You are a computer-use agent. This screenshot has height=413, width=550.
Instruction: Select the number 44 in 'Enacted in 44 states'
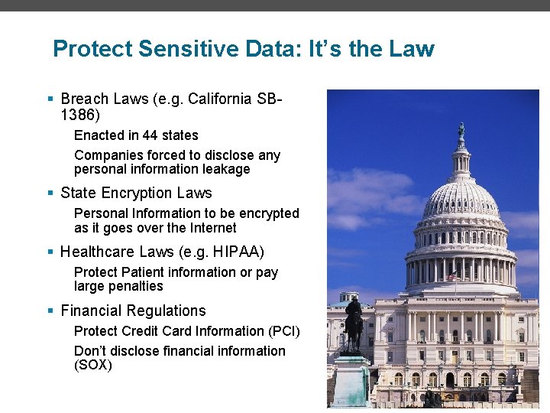click(150, 135)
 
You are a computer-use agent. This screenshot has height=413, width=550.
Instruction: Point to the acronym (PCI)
click(284, 331)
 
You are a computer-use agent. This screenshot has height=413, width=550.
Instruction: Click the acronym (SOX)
click(93, 366)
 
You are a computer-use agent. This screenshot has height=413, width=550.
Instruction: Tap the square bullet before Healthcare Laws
click(50, 252)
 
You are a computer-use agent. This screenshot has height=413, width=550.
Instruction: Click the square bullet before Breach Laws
click(50, 99)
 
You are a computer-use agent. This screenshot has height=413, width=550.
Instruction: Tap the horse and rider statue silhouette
click(354, 321)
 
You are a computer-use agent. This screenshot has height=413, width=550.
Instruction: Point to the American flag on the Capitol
click(453, 276)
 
